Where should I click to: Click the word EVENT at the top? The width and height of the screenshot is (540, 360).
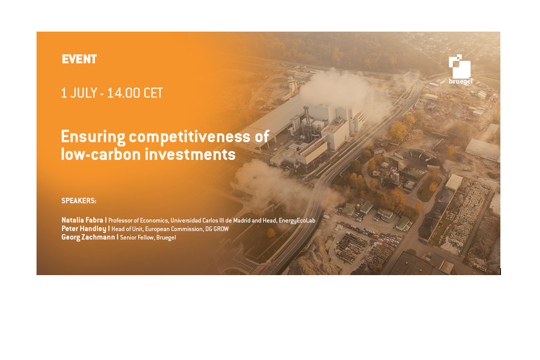pos(79,59)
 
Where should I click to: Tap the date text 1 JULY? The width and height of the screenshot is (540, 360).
pos(79,93)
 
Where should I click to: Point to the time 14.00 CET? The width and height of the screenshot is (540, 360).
pos(134,93)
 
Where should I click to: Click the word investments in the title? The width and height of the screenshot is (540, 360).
pos(190,154)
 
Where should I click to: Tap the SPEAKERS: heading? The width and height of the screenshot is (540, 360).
pos(79,201)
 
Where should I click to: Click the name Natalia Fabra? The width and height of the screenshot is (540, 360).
pos(82,220)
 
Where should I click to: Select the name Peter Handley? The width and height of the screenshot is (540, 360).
pos(84,229)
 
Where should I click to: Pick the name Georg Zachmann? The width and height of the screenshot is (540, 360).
pos(88,237)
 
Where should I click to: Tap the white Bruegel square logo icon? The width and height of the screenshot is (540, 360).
pos(459,66)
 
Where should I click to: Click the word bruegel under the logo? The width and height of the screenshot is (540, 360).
pos(461,82)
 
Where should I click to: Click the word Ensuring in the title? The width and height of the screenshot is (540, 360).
pos(93,137)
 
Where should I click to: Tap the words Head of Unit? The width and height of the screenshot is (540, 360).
pos(127,229)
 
